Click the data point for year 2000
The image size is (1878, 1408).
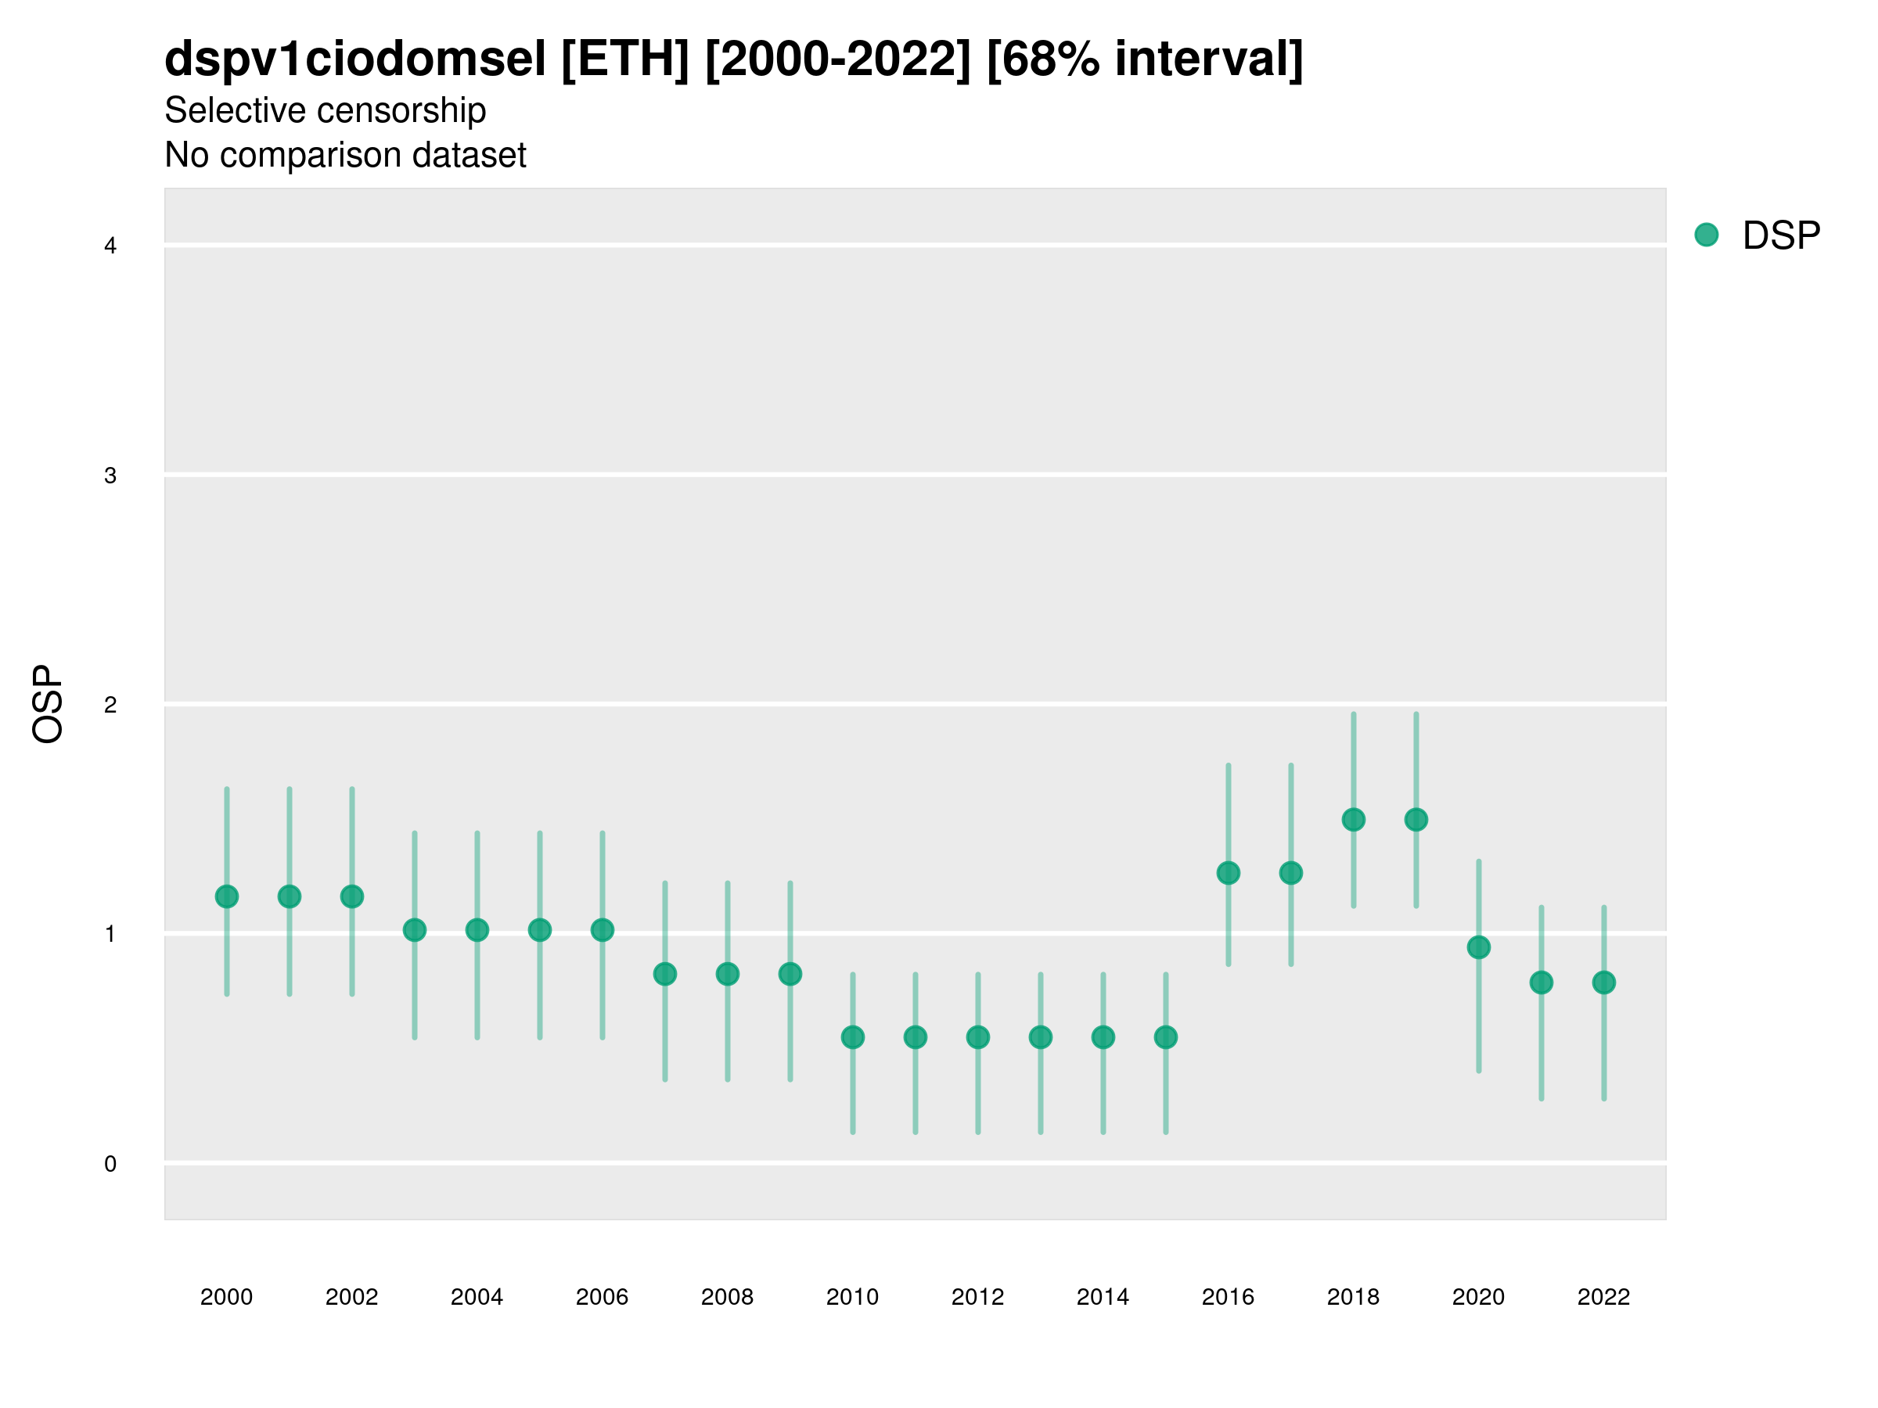pyautogui.click(x=227, y=896)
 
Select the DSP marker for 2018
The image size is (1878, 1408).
pyautogui.click(x=1353, y=820)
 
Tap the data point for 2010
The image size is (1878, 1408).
pyautogui.click(x=852, y=1037)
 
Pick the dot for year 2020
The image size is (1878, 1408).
pyautogui.click(x=1478, y=947)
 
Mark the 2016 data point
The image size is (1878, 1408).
pyautogui.click(x=1228, y=872)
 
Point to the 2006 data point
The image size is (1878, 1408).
pyautogui.click(x=602, y=930)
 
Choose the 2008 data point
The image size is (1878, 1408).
pyautogui.click(x=728, y=973)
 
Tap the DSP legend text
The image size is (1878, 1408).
pyautogui.click(x=1781, y=236)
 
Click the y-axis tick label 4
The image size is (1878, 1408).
pyautogui.click(x=110, y=246)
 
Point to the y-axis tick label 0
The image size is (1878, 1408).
pyautogui.click(x=110, y=1164)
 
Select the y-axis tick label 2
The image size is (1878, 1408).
pyautogui.click(x=110, y=705)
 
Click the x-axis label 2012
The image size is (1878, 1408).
pyautogui.click(x=977, y=1297)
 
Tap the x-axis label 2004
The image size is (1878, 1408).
pyautogui.click(x=477, y=1297)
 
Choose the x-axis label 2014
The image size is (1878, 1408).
pyautogui.click(x=1103, y=1297)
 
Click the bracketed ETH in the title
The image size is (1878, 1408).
pyautogui.click(x=625, y=59)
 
